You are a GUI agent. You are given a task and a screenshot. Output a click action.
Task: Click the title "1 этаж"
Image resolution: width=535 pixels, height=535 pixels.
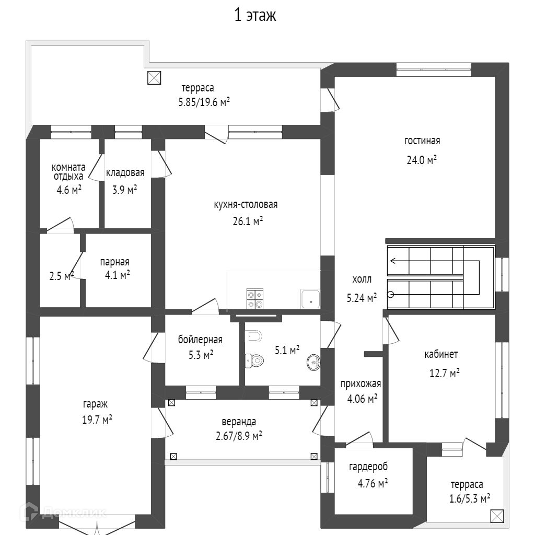255,16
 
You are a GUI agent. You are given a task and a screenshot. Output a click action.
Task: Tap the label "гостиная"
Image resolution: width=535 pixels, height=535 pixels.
422,141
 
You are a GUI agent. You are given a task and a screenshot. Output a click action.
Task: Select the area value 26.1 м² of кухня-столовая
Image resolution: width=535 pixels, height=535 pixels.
248,221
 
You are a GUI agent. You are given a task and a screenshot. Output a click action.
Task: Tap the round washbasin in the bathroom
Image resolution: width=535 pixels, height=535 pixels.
313,362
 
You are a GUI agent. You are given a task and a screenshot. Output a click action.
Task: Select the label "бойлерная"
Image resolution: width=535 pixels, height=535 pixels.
200,340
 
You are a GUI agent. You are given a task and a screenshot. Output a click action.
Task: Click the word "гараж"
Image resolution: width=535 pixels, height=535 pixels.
95,404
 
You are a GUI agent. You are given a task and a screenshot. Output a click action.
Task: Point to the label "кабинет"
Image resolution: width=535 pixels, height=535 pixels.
441,355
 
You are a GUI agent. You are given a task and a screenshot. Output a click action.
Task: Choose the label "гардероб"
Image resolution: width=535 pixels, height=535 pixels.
368,467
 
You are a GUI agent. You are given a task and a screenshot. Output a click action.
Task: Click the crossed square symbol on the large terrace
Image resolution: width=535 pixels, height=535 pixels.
154,78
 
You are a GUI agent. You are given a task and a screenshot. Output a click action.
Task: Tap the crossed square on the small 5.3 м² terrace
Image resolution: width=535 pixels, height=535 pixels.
497,516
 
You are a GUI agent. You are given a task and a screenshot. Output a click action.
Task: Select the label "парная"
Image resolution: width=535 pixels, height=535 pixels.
115,262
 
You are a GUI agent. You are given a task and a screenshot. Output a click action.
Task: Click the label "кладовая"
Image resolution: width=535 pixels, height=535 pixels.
125,173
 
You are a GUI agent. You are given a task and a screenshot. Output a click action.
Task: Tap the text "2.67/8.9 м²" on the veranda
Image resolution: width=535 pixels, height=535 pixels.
239,435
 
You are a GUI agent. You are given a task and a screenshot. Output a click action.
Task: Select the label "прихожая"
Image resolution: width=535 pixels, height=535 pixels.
360,383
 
